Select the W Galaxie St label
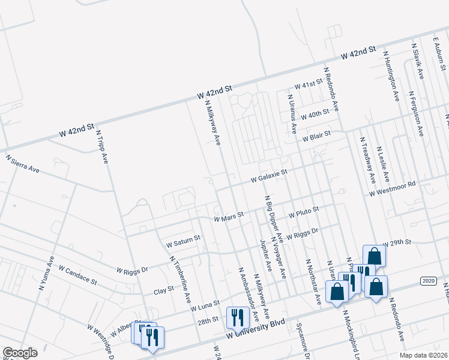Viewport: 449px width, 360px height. click(270, 175)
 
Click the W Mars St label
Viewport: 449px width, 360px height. click(229, 217)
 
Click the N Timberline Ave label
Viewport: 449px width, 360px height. click(180, 279)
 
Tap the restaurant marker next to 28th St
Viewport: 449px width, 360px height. click(237, 319)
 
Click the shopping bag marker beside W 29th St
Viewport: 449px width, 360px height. click(375, 256)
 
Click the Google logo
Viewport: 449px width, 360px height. click(20, 352)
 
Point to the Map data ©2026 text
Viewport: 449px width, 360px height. click(423, 355)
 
